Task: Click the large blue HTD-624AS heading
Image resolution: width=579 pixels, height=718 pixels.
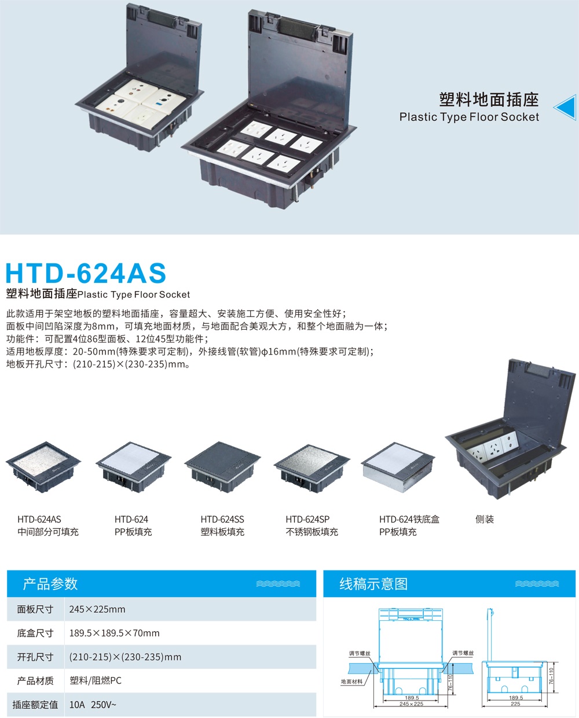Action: point(86,273)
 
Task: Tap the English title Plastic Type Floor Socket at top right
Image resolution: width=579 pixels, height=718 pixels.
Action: point(469,117)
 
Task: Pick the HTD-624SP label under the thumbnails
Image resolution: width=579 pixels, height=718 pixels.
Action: point(307,520)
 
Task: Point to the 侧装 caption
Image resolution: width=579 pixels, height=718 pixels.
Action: point(485,520)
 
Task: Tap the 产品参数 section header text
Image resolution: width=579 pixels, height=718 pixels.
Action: point(50,584)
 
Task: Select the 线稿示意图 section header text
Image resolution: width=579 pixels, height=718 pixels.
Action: point(373,584)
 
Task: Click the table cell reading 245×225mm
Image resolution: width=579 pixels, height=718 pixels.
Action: point(97,609)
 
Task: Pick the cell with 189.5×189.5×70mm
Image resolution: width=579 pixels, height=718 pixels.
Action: point(114,633)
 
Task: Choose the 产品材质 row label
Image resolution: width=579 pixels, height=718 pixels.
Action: point(35,681)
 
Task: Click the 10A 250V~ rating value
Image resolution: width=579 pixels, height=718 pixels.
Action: point(93,705)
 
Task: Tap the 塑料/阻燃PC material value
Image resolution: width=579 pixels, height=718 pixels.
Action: point(96,681)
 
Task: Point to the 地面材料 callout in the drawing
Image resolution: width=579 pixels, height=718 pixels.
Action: point(351,682)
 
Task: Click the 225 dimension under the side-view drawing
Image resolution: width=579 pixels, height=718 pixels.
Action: point(515,704)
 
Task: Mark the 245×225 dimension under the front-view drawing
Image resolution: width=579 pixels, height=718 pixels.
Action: point(411,704)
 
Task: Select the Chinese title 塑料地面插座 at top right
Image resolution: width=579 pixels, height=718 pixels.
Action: point(489,100)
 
